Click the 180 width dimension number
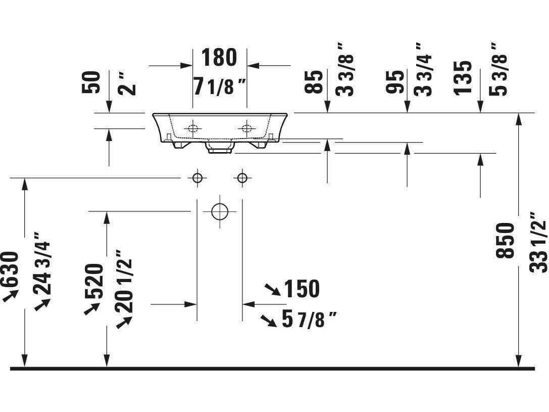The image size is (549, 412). tap(219, 57)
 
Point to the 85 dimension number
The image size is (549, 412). tap(313, 81)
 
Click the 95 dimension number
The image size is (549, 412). tap(394, 81)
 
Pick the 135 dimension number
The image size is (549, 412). tap(463, 78)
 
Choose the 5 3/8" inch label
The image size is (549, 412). tap(498, 69)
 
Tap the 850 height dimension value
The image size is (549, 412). tap(505, 240)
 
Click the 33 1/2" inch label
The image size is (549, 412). tap(537, 242)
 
